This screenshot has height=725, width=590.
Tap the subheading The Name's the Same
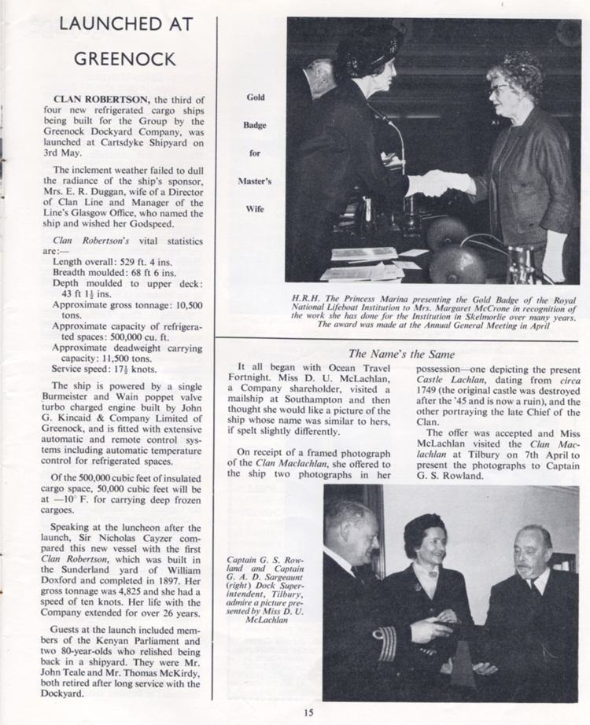point(402,354)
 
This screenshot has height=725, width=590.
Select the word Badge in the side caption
point(255,125)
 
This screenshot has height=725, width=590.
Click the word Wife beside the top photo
point(255,210)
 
